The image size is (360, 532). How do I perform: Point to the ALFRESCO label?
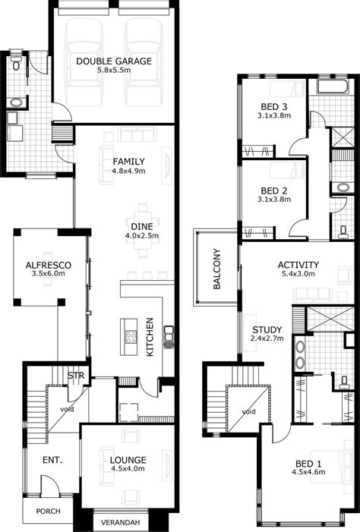click(49, 264)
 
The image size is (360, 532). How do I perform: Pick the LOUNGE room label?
click(128, 460)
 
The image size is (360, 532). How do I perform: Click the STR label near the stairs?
click(75, 376)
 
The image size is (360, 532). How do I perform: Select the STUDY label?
click(267, 329)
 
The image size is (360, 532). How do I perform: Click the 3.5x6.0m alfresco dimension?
click(49, 275)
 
